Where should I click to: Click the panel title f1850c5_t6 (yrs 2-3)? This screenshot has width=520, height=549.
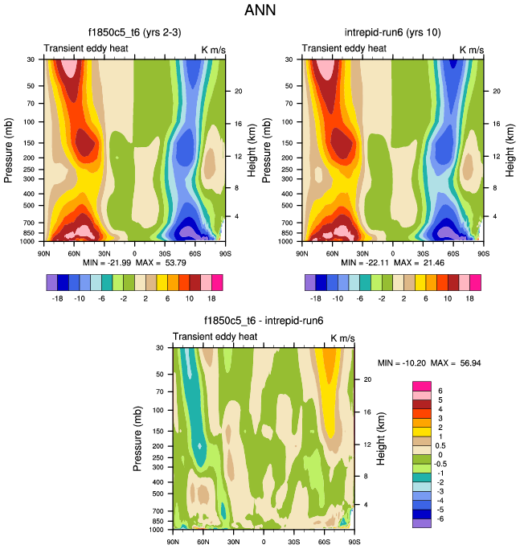[133, 33]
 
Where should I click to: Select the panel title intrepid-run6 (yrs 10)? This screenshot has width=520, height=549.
[394, 33]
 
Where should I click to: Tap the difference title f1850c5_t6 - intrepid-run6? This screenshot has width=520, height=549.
[264, 321]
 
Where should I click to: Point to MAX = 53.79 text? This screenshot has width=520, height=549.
[168, 263]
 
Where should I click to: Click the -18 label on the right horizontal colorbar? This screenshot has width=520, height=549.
[316, 297]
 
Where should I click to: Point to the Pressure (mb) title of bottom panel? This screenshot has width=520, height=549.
[137, 438]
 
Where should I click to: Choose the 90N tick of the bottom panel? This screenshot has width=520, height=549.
[173, 542]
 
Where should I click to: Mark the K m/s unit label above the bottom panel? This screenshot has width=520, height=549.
[342, 337]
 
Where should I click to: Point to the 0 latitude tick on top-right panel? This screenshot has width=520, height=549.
[392, 253]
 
